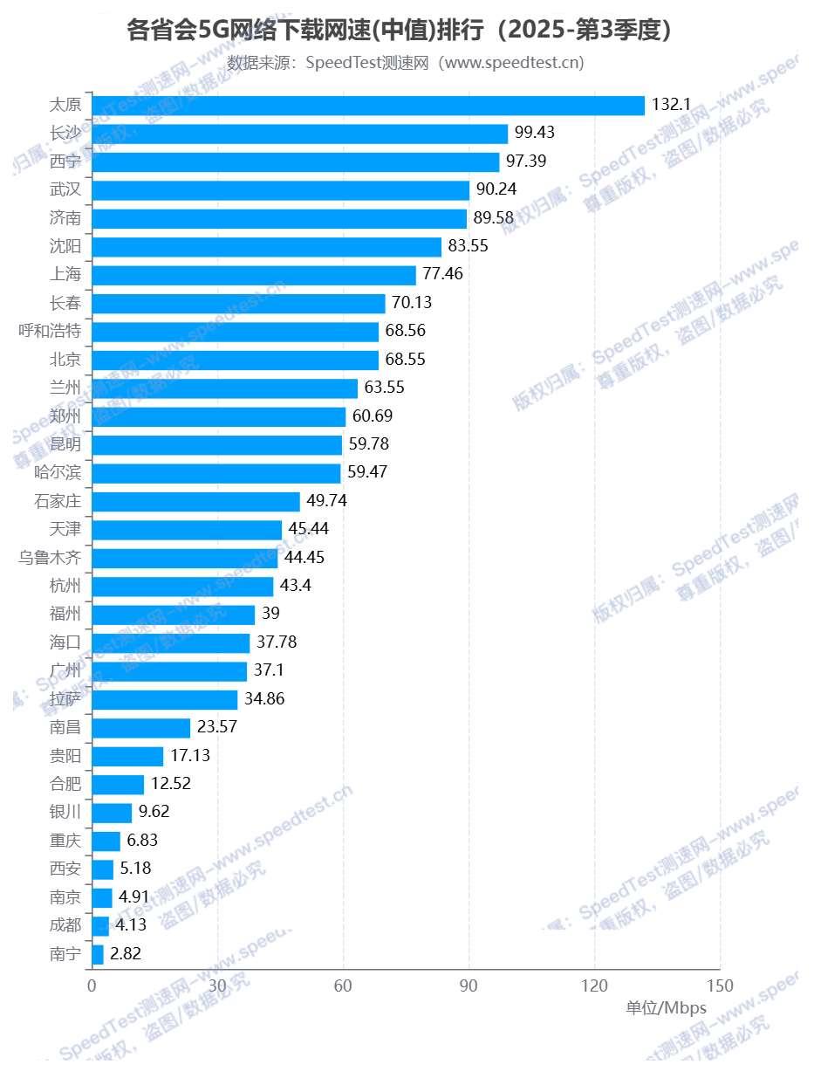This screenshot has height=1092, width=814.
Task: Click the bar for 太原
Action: click(367, 105)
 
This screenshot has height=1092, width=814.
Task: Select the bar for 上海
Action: click(253, 275)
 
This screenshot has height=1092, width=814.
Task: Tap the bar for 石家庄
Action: click(195, 501)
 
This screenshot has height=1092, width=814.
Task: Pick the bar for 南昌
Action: click(140, 727)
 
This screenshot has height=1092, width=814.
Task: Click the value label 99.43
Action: click(535, 133)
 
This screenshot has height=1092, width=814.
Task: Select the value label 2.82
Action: click(126, 953)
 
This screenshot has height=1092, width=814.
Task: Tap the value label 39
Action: click(271, 614)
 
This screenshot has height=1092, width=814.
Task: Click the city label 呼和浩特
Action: click(50, 331)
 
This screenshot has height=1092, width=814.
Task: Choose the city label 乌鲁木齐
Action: click(50, 557)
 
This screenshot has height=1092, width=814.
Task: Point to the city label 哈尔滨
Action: click(58, 472)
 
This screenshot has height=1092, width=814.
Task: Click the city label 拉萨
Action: click(65, 698)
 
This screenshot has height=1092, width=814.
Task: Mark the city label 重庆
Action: click(65, 840)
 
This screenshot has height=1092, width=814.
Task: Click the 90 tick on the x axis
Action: click(469, 985)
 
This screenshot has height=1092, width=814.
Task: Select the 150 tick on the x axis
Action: click(720, 985)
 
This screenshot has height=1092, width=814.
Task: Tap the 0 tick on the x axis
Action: click(92, 985)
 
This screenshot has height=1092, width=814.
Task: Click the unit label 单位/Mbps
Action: click(666, 1008)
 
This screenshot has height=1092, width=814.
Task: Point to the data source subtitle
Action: click(406, 63)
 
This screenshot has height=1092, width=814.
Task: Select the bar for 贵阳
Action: click(127, 755)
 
